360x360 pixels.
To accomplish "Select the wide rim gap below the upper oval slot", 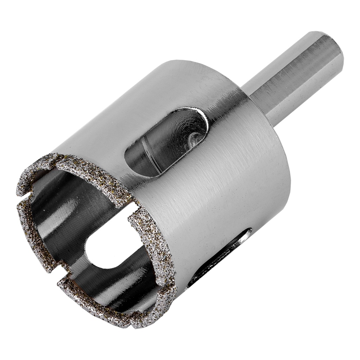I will [132, 207].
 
